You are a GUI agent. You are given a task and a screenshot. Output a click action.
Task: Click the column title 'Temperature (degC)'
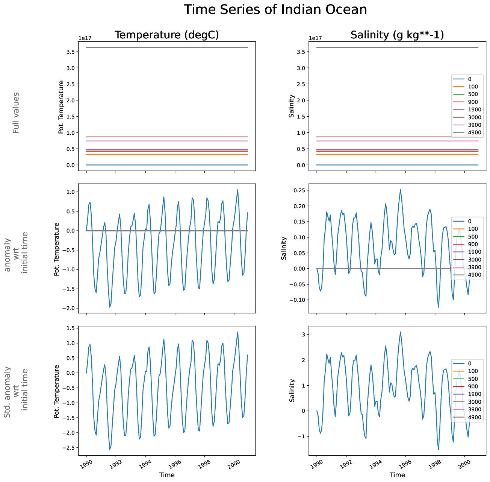click(x=166, y=35)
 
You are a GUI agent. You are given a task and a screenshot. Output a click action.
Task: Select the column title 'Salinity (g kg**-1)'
click(x=397, y=35)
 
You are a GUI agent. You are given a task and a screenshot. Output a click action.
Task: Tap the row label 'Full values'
click(x=16, y=113)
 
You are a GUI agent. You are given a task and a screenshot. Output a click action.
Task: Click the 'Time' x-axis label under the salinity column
click(x=397, y=475)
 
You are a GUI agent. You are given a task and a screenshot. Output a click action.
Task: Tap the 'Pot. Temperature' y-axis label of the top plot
click(x=61, y=107)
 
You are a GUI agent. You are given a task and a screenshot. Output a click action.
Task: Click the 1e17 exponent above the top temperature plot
click(x=85, y=38)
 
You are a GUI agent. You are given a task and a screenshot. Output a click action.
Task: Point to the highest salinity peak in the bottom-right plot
click(x=400, y=332)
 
